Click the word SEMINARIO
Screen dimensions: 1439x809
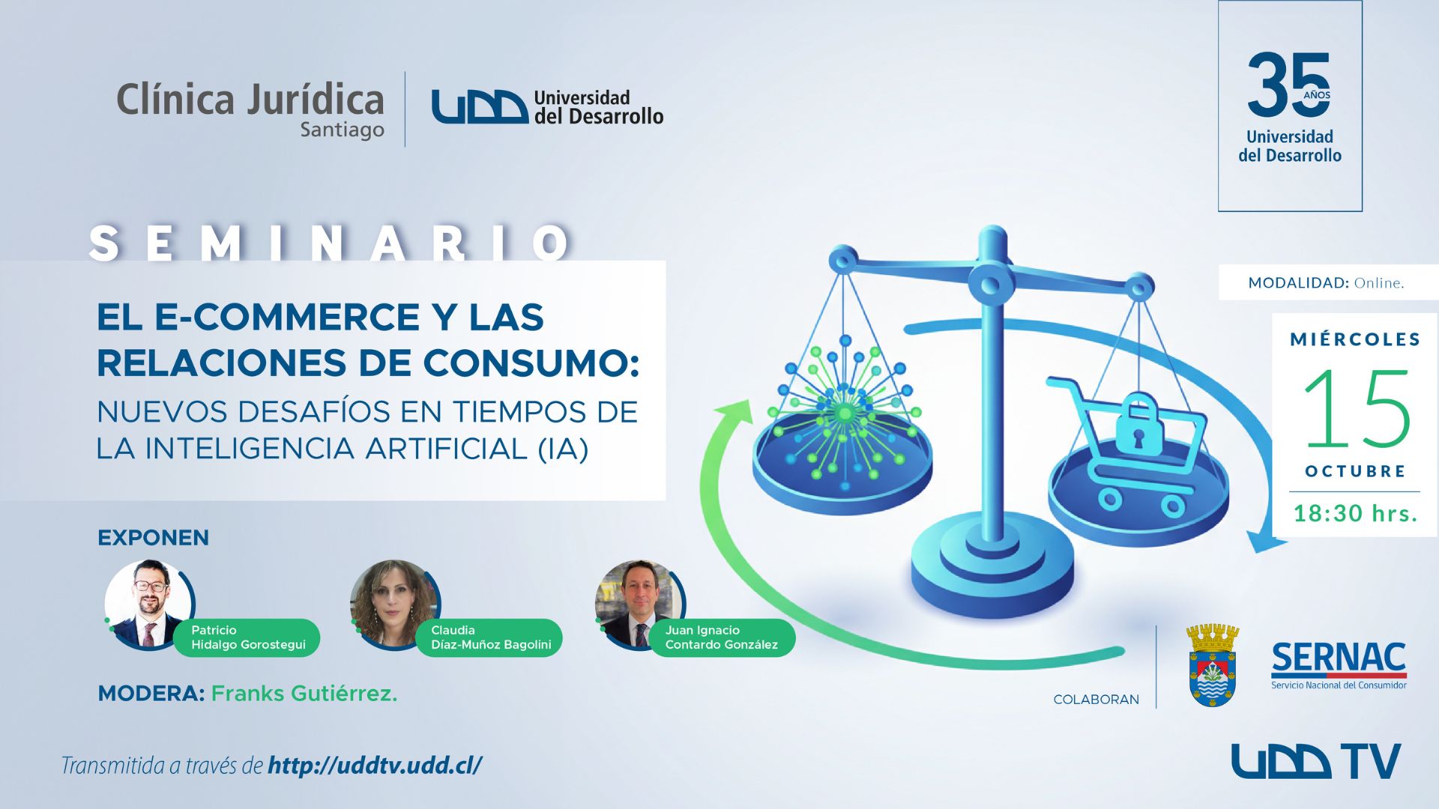pos(330,243)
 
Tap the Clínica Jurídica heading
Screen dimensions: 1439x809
pos(250,100)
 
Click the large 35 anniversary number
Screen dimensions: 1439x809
pos(1288,85)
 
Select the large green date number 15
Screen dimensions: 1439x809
pos(1357,408)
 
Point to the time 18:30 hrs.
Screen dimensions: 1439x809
pos(1356,513)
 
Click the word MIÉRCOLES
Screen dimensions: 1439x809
pos(1355,339)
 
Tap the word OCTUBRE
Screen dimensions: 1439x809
pos(1355,471)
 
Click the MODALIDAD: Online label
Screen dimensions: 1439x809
pos(1326,282)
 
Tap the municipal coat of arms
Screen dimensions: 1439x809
pos(1213,666)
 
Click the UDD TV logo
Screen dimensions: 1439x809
pos(1316,761)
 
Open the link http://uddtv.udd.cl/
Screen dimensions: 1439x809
pos(375,765)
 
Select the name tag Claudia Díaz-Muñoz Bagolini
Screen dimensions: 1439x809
pos(491,637)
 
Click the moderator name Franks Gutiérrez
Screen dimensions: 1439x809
pos(304,694)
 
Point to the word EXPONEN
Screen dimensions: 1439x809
pos(153,537)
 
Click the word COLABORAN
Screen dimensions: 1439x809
pos(1096,699)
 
